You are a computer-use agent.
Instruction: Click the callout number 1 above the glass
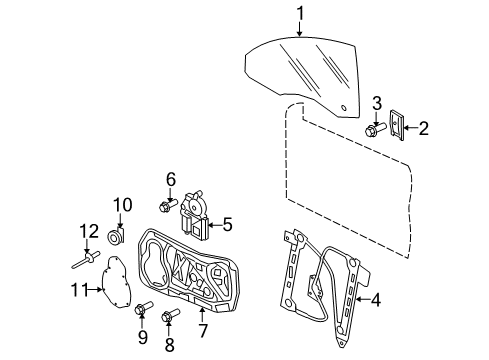point(300,14)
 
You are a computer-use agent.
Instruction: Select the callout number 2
point(423,128)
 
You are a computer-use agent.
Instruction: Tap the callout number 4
point(375,300)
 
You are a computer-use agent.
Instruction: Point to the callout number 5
point(227,225)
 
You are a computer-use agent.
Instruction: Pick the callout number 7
point(203,330)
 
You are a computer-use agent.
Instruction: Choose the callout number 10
point(123,205)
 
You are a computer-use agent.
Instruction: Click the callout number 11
point(79,290)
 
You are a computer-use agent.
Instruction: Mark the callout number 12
point(89,231)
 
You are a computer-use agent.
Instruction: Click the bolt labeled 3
point(376,130)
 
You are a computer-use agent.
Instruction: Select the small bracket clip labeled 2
point(397,125)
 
